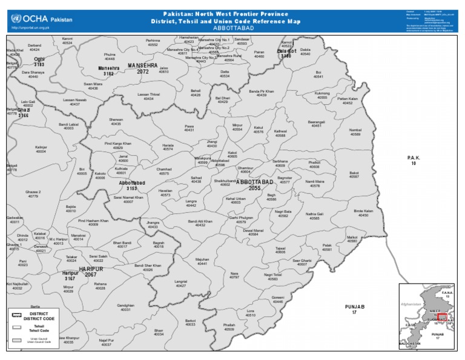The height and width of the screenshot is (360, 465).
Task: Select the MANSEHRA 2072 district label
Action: coord(142,68)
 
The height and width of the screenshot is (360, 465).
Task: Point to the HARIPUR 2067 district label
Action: coord(82,272)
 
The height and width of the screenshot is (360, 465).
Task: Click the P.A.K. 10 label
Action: coord(414,160)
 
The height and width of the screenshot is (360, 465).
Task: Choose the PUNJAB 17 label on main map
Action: coord(354,310)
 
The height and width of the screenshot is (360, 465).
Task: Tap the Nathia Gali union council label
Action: coord(314,216)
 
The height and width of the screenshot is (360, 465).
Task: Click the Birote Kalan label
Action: coord(363,213)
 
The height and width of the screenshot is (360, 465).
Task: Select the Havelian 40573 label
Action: coord(165,193)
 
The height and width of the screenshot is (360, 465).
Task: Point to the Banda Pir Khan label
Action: coord(261,93)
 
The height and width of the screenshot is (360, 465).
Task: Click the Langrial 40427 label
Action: coord(180,283)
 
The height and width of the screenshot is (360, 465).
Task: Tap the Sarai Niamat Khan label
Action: coord(128,199)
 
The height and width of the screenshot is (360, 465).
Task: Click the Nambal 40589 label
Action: coord(355,132)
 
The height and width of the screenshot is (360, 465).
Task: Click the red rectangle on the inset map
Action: coord(441,318)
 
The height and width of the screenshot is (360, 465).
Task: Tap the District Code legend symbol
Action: coord(16,315)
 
